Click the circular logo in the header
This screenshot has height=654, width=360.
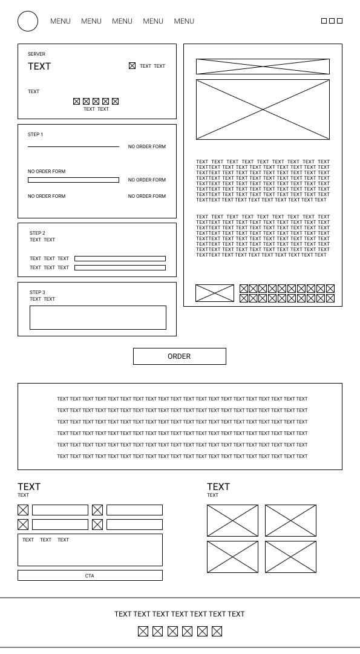tap(28, 21)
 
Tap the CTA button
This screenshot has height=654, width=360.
tap(90, 575)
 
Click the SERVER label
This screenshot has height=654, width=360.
tap(36, 54)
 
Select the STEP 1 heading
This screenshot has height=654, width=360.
tap(36, 134)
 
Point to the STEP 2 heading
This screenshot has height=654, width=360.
tap(38, 233)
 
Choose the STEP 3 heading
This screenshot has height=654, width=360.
tap(38, 292)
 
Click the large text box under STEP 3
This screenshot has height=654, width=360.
tap(97, 317)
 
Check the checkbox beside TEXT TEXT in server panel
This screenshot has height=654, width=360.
tap(132, 66)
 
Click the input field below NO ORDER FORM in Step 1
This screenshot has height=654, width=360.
tap(73, 180)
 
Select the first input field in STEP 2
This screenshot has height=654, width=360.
tap(120, 258)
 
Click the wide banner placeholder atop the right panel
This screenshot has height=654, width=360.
tap(263, 67)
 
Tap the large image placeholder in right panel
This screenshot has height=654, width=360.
tap(263, 110)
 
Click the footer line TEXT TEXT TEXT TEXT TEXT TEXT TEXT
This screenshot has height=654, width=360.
tap(180, 614)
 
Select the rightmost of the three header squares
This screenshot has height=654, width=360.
tap(340, 21)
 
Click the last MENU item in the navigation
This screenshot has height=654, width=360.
tap(184, 21)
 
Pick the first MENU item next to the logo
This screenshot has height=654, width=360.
tap(61, 21)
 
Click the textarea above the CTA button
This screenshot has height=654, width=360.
tap(90, 550)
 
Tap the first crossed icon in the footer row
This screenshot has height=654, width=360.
tap(143, 632)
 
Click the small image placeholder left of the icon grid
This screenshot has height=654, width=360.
tap(215, 293)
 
